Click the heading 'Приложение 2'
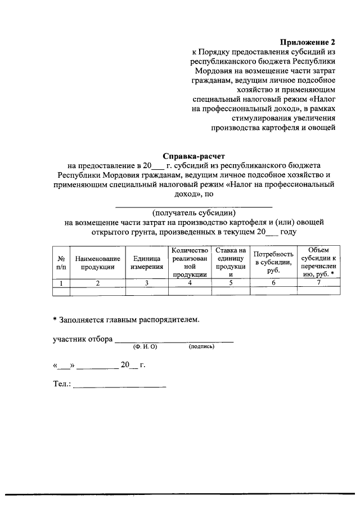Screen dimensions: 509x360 point(308,42)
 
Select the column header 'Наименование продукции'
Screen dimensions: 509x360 point(97,263)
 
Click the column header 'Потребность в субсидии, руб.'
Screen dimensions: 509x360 point(273,263)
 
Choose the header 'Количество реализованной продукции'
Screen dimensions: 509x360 point(190,263)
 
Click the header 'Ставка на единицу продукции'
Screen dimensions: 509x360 point(231,263)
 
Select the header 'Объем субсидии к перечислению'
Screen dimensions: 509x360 point(318,263)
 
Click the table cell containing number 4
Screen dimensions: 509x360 point(190,283)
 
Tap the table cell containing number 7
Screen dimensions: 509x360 point(318,283)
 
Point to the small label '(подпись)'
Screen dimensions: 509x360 point(202,347)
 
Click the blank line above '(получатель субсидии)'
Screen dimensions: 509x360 point(193,205)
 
